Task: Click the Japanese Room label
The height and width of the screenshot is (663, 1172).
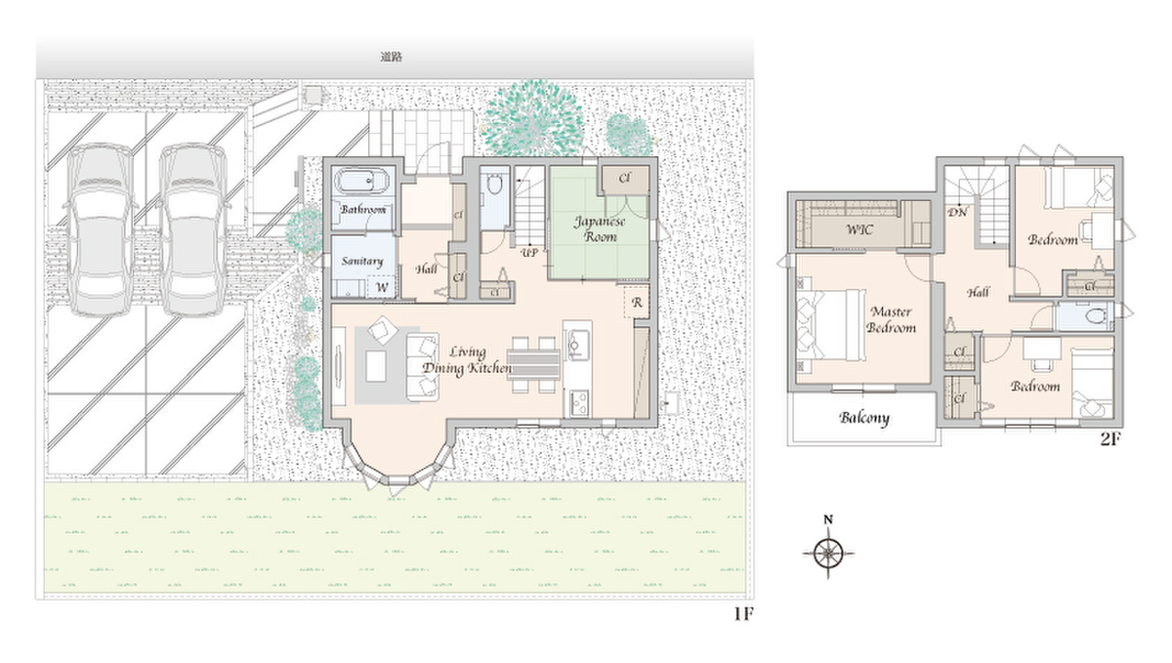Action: (600, 229)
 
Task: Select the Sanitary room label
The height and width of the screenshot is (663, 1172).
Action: (362, 261)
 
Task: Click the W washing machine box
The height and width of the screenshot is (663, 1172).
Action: (382, 287)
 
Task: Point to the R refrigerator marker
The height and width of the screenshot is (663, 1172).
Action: (637, 303)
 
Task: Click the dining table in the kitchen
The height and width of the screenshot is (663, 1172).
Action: (533, 363)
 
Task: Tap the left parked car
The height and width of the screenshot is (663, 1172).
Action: (100, 230)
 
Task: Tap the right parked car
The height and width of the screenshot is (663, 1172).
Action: (192, 230)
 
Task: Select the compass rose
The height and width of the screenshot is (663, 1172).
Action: (828, 553)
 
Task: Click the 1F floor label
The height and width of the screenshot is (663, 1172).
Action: (743, 614)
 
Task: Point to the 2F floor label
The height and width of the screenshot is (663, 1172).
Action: (1109, 438)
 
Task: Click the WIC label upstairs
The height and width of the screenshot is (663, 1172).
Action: (859, 229)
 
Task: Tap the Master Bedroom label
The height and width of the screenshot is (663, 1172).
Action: (891, 319)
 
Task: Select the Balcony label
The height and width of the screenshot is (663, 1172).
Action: (864, 418)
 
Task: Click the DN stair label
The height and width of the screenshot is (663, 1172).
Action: (957, 213)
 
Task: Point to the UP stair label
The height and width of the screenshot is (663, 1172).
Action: (529, 253)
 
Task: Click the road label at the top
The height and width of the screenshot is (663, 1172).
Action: (391, 57)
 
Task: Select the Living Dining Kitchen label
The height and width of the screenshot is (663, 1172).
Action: (467, 360)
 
